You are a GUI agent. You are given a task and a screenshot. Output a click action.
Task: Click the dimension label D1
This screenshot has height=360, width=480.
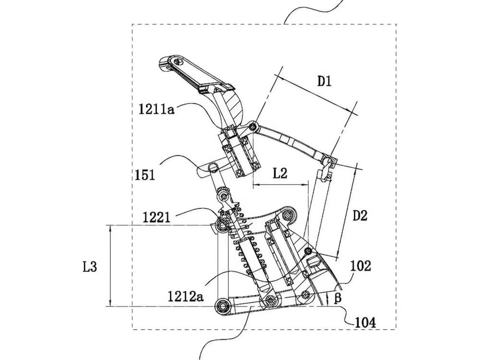coord(324,81)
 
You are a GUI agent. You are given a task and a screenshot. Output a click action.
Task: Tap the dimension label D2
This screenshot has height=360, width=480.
coord(360,216)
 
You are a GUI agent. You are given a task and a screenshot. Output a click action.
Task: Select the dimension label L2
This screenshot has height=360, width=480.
coord(280,173)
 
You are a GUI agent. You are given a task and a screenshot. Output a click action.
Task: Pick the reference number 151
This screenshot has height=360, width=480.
coord(144,175)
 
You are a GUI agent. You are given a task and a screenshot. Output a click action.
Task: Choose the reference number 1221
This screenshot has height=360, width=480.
coord(156,217)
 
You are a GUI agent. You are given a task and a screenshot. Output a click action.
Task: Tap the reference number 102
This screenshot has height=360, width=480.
coord(360,266)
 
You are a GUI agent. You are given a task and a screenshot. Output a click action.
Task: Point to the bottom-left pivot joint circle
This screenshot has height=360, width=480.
coord(222,305)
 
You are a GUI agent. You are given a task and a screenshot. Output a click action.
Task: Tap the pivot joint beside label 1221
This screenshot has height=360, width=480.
coord(222,225)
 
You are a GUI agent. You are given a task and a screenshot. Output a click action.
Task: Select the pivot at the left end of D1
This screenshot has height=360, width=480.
coord(253,127)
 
